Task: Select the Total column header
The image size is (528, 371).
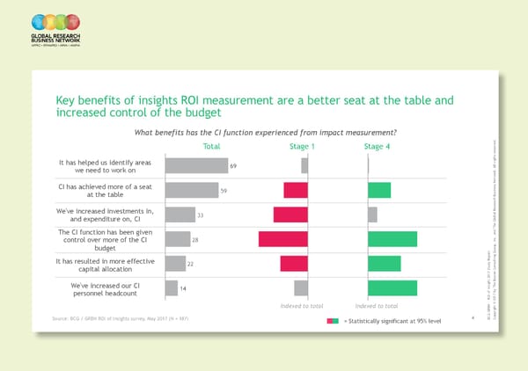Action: [211, 147]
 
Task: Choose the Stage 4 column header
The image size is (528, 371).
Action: [376, 147]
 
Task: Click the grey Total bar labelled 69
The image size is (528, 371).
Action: [196, 165]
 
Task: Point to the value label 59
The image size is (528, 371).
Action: [224, 191]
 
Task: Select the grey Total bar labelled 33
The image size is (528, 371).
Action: [180, 215]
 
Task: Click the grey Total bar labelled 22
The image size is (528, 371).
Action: [175, 264]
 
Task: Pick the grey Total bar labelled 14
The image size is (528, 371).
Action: [172, 287]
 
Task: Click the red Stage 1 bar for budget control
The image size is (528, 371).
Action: [282, 239]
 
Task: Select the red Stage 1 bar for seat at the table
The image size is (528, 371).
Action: [296, 190]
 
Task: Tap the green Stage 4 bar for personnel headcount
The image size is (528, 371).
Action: [392, 287]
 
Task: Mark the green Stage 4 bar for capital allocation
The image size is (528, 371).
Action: [384, 264]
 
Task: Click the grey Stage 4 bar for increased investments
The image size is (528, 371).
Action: [372, 215]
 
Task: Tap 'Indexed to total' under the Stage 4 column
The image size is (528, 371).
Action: [378, 305]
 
